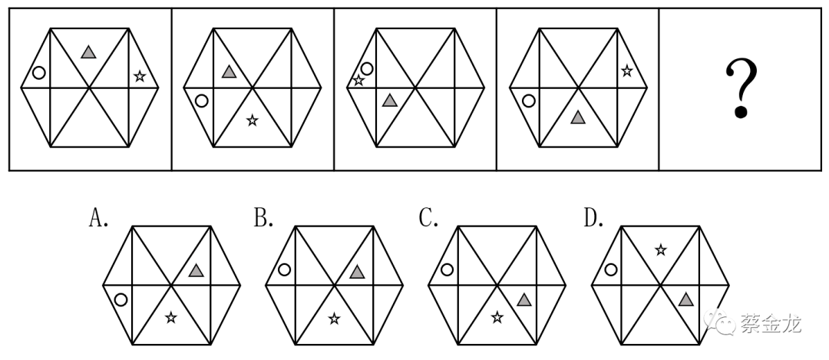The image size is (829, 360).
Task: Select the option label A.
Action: point(98,216)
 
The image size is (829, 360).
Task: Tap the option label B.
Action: point(263,216)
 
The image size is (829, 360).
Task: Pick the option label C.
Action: point(428,216)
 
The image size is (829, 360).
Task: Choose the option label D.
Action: point(593,216)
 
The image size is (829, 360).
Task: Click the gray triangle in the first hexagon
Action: point(88,51)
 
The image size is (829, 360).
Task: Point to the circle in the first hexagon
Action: point(38,72)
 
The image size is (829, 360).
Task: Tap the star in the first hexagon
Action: point(140,76)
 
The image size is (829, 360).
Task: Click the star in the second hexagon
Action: point(253,120)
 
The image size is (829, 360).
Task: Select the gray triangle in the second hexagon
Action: point(229,71)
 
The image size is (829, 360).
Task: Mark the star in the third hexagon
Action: point(358,81)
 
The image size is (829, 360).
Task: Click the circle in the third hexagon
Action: point(367,68)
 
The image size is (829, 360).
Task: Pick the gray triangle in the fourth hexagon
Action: point(578,117)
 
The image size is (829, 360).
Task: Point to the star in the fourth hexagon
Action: point(626,70)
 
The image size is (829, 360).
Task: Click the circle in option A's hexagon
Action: point(121,299)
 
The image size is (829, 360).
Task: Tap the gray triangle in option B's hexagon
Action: point(357,272)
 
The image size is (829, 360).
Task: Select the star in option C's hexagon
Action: point(497,317)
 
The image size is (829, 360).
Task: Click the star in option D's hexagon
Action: point(660,249)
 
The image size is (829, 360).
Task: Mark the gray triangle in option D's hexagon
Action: point(685,299)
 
